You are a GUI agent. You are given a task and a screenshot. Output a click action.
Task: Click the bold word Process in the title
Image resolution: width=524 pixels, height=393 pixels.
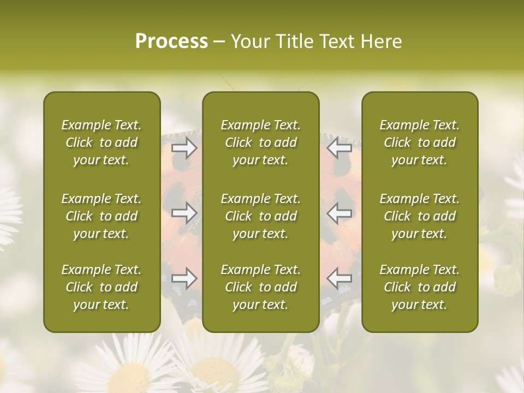pos(171,41)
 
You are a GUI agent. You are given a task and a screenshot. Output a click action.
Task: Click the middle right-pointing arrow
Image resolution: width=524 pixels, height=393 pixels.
pos(184,213)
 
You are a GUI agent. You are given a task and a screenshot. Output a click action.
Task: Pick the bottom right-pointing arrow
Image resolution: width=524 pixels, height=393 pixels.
pos(184,278)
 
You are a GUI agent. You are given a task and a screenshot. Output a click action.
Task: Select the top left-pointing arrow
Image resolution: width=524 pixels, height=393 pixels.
pos(340,147)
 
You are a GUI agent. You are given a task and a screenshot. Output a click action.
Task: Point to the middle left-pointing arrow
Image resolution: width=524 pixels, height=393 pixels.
pos(340,213)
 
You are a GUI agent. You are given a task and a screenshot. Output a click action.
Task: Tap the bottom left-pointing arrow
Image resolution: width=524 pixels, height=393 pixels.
pos(340,278)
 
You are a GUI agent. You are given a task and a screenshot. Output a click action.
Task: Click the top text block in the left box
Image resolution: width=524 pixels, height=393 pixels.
pos(102,142)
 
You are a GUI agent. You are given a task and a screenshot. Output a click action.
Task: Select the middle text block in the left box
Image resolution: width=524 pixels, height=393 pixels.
pos(102,216)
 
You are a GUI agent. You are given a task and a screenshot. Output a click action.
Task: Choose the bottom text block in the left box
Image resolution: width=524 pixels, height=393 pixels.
pos(102,287)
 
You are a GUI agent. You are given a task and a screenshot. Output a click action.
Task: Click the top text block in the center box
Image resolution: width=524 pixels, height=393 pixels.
pos(261,142)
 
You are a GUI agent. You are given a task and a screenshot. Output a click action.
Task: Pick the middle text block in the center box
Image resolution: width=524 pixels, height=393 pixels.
pos(261,216)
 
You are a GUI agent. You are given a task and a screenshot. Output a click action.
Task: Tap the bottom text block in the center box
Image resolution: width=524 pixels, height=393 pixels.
pos(261,287)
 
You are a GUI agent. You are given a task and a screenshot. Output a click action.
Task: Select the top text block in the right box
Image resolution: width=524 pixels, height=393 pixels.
pos(420,142)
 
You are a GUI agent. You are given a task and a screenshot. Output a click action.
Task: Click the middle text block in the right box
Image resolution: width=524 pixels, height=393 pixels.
pos(420,216)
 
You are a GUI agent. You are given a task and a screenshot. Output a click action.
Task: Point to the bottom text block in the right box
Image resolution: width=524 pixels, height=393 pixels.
pos(420,287)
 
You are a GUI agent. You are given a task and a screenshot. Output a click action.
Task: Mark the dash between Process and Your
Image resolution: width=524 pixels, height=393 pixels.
pos(219,42)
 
